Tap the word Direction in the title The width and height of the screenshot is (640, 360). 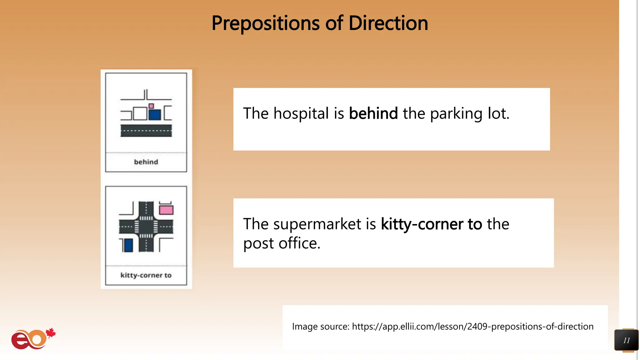tap(388, 23)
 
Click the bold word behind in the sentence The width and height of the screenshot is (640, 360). tap(373, 113)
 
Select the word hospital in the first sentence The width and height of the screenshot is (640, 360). tap(301, 113)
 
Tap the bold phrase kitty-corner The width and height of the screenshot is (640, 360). tap(422, 224)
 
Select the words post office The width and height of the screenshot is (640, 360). tap(282, 243)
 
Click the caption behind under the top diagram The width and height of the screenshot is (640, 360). tap(146, 162)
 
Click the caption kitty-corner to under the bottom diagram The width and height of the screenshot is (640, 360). tap(146, 275)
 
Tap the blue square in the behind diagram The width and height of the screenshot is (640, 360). tap(155, 115)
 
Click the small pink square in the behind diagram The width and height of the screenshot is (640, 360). tap(151, 106)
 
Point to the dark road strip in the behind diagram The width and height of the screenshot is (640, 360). tap(146, 131)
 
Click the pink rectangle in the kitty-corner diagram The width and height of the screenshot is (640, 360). tap(166, 210)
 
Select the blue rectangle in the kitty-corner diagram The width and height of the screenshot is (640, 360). tap(128, 245)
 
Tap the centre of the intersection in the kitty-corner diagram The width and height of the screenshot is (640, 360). tap(146, 227)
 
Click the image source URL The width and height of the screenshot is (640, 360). tap(472, 326)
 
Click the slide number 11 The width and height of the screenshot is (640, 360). tap(626, 340)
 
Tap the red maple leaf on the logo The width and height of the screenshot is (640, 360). tap(51, 333)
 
